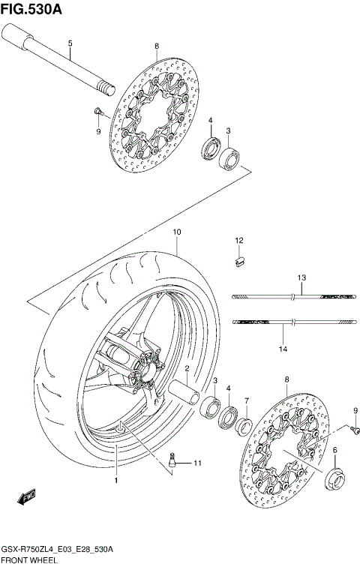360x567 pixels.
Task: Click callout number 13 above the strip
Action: click(301, 278)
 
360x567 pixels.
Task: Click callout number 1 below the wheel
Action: click(116, 477)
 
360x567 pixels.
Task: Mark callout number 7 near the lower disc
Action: click(246, 401)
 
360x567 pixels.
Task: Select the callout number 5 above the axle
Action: click(69, 43)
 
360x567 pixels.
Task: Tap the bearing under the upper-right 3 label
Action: click(229, 158)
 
